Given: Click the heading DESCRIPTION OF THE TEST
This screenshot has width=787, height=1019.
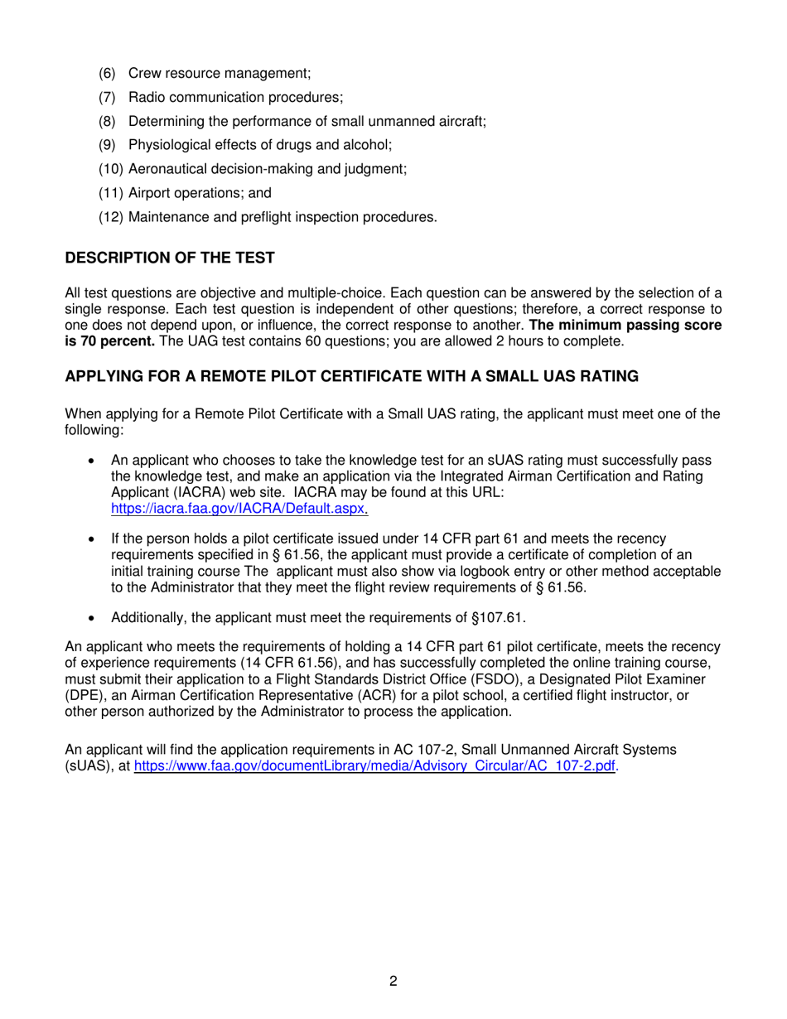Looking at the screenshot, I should pyautogui.click(x=169, y=258).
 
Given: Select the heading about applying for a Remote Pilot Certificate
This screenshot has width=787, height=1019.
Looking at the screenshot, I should pyautogui.click(x=351, y=376).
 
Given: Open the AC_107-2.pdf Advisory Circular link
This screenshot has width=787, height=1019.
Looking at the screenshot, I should pyautogui.click(x=375, y=766).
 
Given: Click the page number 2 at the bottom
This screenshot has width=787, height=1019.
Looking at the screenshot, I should pyautogui.click(x=393, y=982).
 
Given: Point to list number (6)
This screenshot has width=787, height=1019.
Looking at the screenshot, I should pyautogui.click(x=109, y=74).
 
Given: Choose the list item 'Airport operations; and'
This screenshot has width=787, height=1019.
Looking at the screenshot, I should pyautogui.click(x=200, y=194).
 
